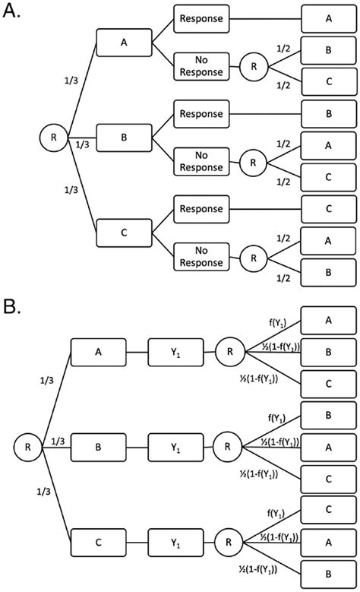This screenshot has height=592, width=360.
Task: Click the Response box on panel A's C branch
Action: [201, 209]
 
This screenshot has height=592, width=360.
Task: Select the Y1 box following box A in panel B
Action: [175, 353]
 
